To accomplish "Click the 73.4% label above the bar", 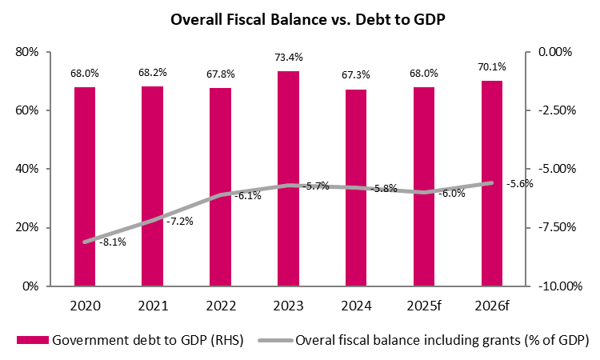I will (x=288, y=58).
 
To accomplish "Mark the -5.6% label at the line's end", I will (x=520, y=183).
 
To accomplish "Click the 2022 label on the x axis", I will (x=220, y=305).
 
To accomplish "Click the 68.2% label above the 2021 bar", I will (x=152, y=73).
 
